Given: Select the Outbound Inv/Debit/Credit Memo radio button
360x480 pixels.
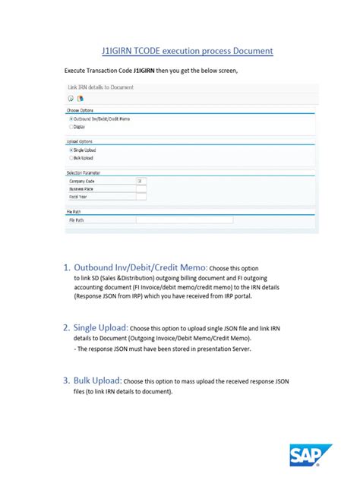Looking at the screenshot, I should click(71, 119).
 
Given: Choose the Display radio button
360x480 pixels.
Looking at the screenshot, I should click(71, 127).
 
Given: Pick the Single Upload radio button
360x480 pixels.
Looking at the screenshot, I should click(71, 150).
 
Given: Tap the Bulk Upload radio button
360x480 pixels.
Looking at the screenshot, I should click(71, 158).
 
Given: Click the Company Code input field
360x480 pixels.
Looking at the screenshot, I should click(141, 181).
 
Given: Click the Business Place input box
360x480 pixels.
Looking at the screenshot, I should click(141, 188).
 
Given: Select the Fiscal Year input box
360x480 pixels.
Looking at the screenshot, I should click(141, 196).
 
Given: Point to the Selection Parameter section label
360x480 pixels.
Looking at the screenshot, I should click(84, 172).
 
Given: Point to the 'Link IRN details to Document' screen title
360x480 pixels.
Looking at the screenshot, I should click(101, 87).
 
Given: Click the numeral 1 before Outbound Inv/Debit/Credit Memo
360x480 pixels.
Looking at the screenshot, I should click(67, 267).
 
